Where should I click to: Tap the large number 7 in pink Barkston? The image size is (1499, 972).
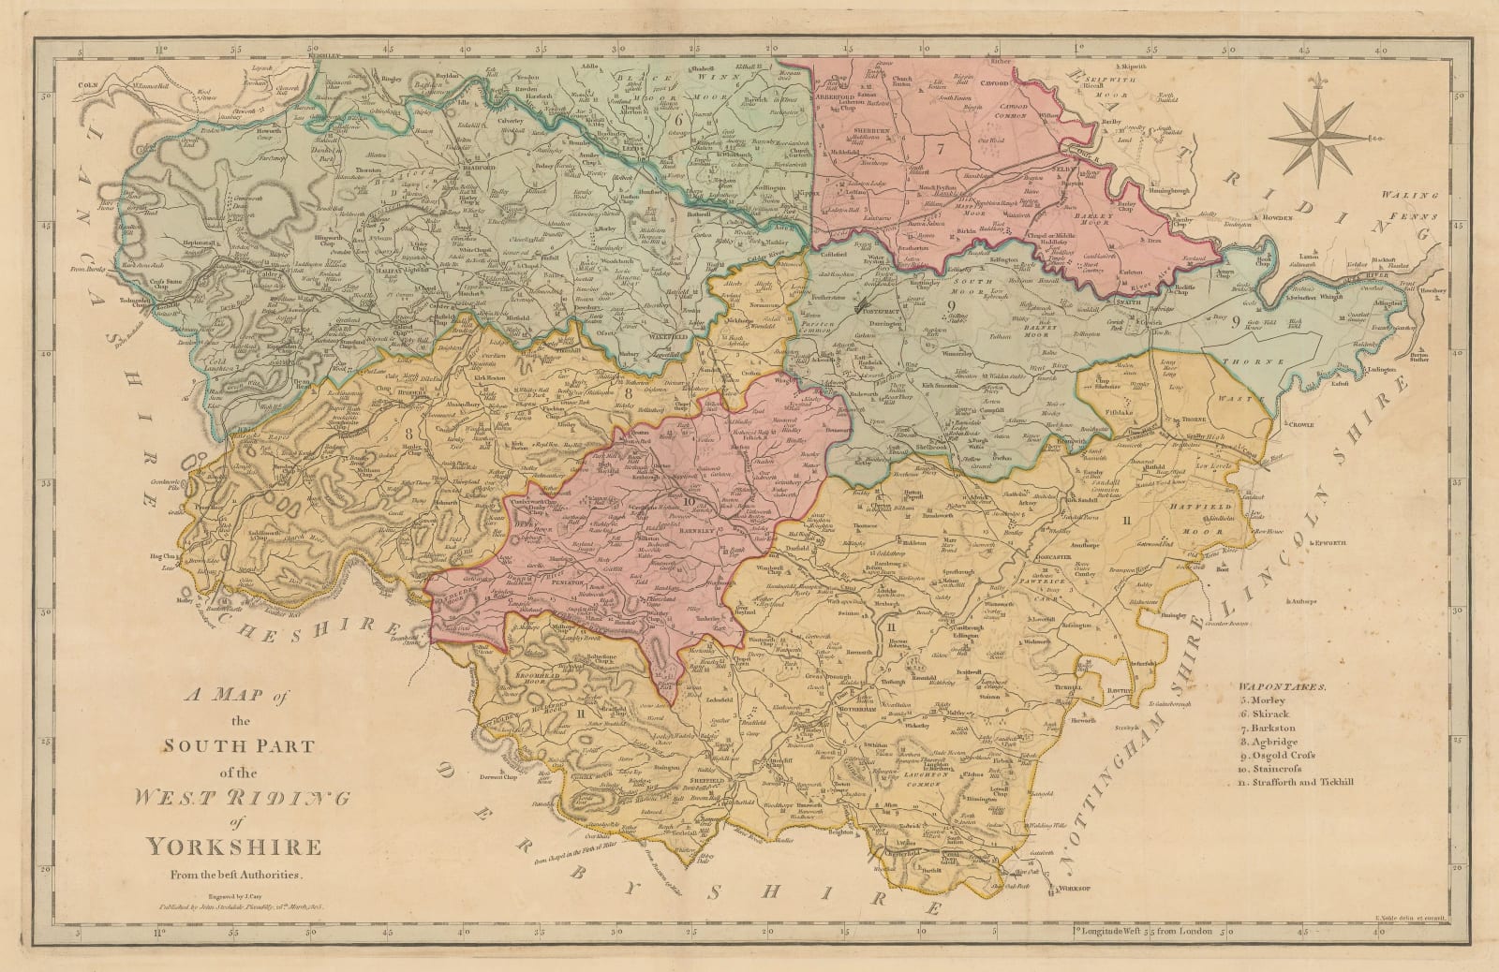tap(940, 147)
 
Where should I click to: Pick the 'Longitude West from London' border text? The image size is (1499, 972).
tap(1143, 957)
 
